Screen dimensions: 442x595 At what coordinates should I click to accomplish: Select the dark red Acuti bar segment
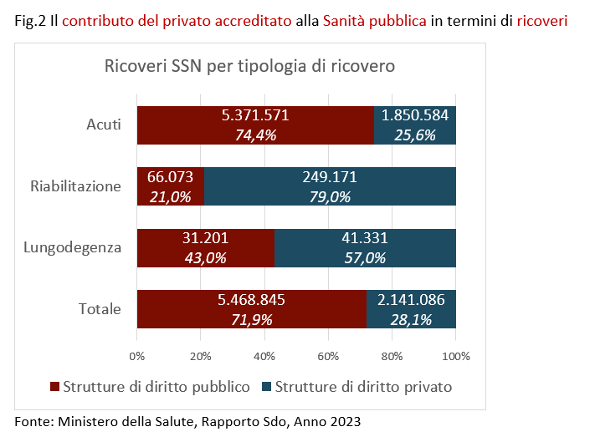255,125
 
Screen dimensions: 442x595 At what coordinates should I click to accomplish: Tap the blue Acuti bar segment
415,125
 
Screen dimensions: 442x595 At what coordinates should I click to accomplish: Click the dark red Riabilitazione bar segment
170,186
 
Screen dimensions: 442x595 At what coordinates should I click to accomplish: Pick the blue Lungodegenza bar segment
365,248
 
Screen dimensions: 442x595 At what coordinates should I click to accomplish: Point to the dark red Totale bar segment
251,309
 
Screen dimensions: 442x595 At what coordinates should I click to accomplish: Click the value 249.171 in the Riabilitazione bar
329,177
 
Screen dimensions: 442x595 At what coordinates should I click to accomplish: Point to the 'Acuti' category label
104,125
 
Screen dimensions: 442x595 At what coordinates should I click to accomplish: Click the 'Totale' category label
100,309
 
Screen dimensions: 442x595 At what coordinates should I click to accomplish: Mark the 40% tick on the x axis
264,355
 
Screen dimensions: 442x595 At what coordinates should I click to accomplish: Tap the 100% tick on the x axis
455,355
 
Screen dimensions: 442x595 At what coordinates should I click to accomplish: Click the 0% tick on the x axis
137,355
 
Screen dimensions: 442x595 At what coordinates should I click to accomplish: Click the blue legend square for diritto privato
267,387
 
